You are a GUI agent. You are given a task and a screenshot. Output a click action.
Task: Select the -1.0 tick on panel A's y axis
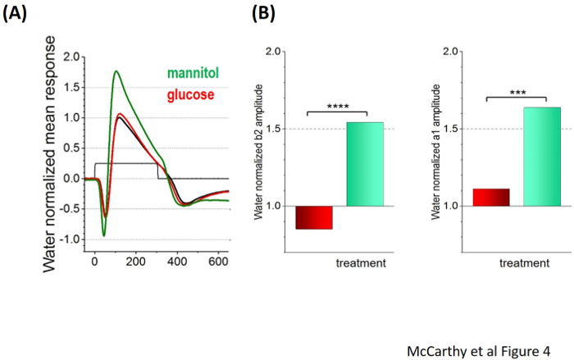pos(72,239)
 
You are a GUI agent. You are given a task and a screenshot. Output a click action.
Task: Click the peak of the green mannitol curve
pos(116,71)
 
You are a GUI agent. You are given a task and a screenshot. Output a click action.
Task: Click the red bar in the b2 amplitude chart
pos(314,217)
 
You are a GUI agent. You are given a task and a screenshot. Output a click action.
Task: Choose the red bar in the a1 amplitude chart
pos(490,197)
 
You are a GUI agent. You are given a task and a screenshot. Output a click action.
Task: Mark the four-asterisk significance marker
pos(336,107)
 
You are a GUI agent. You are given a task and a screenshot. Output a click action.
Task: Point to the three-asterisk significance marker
pos(517,92)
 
